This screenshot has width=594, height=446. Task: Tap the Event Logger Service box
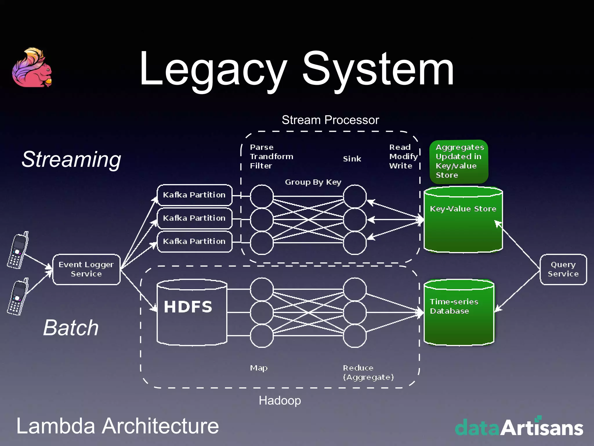coord(86,269)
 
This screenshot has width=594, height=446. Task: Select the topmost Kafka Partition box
coord(194,195)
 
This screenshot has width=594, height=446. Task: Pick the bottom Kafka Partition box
coord(194,241)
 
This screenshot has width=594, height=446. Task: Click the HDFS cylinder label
coord(188,307)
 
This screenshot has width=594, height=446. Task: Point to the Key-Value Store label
coord(463,209)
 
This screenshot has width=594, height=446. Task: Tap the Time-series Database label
coord(454,306)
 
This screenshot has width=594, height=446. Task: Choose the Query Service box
coord(563,269)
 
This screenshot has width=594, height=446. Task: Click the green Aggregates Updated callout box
coord(459,161)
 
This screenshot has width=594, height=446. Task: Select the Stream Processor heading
coord(330,120)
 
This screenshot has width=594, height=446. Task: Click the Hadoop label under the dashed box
coord(280,400)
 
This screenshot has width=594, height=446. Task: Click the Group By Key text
coord(313,182)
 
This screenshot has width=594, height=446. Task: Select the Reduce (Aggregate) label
coord(368,373)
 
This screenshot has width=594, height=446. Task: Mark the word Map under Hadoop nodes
coord(259,368)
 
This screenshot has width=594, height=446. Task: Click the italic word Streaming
coord(71,159)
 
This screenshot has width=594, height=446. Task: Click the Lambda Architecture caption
coord(117,426)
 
